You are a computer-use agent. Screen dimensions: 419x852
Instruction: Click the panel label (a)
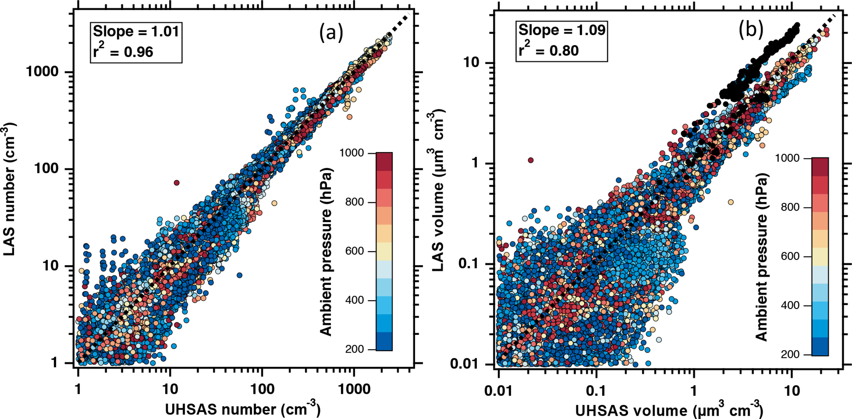[x=331, y=33]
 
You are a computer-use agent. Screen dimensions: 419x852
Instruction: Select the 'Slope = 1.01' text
[x=136, y=31]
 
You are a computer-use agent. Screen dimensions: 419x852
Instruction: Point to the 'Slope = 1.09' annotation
[x=562, y=30]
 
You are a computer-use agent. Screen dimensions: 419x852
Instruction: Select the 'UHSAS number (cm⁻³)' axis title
[x=242, y=409]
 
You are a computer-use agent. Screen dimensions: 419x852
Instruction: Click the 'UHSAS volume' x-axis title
[x=669, y=410]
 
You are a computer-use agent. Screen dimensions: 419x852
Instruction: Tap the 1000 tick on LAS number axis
[x=42, y=72]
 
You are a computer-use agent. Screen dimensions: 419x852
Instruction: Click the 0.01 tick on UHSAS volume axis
[x=499, y=390]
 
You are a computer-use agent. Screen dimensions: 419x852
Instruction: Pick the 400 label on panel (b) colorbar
[x=791, y=306]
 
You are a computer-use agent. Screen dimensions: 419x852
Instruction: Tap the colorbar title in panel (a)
[x=326, y=252]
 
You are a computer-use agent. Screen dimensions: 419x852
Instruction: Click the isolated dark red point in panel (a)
[x=176, y=183]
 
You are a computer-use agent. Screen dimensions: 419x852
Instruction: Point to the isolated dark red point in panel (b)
[x=530, y=160]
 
